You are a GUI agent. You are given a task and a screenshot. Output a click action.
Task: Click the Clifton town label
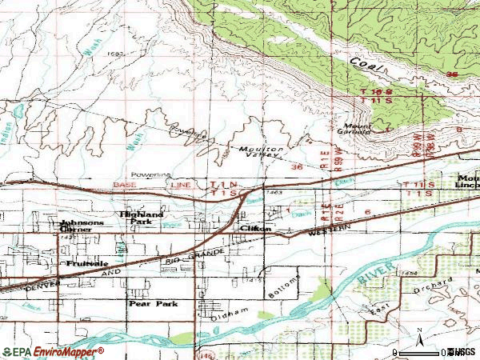pyautogui.click(x=256, y=228)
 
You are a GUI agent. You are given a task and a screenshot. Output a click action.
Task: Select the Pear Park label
pyautogui.click(x=149, y=304)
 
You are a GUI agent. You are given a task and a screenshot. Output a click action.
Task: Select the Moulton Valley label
pyautogui.click(x=260, y=153)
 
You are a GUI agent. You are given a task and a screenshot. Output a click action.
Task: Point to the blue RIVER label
pyautogui.click(x=371, y=276)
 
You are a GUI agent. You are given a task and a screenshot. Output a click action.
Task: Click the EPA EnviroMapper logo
pyautogui.click(x=53, y=351)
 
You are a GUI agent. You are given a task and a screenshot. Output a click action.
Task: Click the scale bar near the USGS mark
pyautogui.click(x=432, y=351)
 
